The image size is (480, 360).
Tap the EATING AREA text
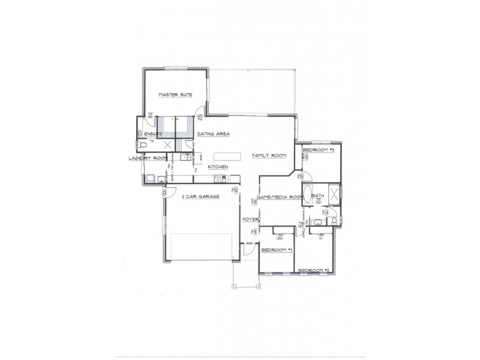[214, 134]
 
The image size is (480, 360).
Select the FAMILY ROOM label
[269, 155]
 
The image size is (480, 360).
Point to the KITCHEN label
[217, 167]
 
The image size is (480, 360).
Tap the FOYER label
[250, 220]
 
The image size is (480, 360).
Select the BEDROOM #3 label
[318, 149]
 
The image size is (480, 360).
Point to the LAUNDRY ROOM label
[147, 158]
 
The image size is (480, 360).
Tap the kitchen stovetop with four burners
[219, 178]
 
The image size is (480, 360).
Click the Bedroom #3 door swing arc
[301, 175]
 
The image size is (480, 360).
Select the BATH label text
[317, 196]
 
